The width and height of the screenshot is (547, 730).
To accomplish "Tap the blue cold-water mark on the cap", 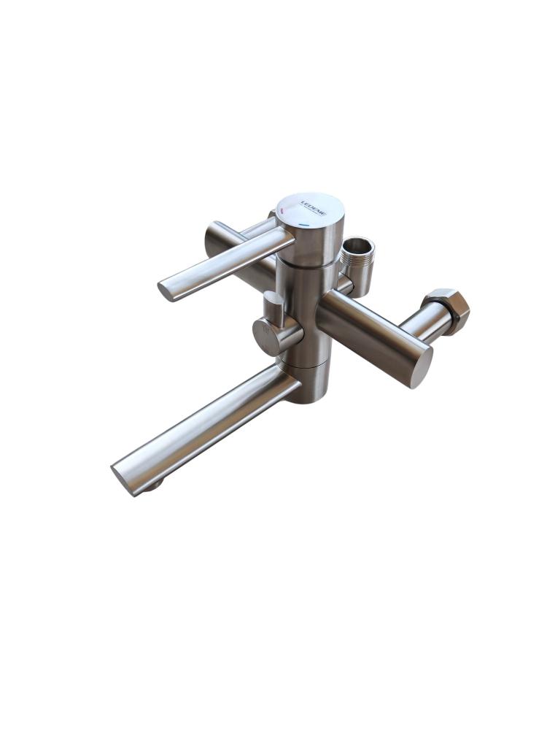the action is click(305, 225).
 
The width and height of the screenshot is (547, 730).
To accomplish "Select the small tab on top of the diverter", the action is click(273, 303).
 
